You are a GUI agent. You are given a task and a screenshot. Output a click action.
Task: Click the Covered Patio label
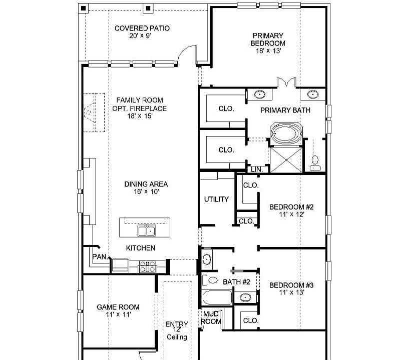click(x=142, y=28)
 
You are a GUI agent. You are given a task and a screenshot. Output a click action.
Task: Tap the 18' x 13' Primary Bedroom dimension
click(x=268, y=50)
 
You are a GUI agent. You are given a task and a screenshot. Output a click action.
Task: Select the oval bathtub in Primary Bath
click(x=286, y=133)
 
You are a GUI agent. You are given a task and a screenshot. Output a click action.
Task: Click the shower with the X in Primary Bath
click(x=286, y=160)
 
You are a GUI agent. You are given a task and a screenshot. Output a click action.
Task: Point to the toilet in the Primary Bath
click(x=315, y=163)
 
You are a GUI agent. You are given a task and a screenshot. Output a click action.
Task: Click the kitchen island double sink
click(x=147, y=230)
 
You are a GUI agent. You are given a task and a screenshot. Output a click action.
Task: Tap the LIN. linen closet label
click(x=257, y=169)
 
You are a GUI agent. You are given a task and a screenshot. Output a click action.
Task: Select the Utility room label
click(x=216, y=199)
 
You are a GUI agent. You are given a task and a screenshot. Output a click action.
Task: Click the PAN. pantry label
click(x=100, y=257)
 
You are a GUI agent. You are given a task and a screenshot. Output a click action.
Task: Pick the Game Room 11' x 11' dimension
click(x=119, y=314)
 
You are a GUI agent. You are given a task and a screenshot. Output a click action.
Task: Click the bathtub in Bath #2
click(x=217, y=297)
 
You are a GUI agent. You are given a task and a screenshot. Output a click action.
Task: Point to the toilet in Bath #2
click(x=210, y=280)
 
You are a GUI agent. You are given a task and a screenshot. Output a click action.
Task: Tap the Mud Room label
click(x=211, y=317)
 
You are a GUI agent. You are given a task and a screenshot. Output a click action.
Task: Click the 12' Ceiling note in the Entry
click(x=177, y=333)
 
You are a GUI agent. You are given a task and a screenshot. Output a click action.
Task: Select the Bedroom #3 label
click(x=291, y=285)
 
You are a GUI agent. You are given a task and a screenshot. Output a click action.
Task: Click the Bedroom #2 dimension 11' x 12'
click(x=291, y=214)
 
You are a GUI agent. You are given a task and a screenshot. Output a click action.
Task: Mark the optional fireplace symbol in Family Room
click(x=94, y=112)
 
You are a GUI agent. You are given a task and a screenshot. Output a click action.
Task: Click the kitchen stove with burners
click(x=148, y=267)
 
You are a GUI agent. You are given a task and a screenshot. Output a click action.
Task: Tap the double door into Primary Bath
click(x=286, y=81)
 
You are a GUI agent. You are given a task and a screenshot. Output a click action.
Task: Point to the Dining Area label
click(x=146, y=184)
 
